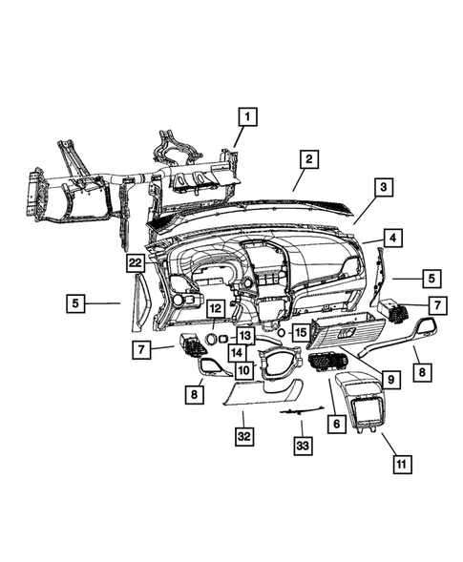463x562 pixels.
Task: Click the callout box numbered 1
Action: [x=247, y=117]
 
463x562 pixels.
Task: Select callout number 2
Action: [x=307, y=158]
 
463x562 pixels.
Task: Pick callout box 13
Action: [x=245, y=335]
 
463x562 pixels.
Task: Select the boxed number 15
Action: [x=300, y=332]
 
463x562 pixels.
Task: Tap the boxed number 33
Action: [x=302, y=445]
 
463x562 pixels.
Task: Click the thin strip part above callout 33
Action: [x=298, y=409]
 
